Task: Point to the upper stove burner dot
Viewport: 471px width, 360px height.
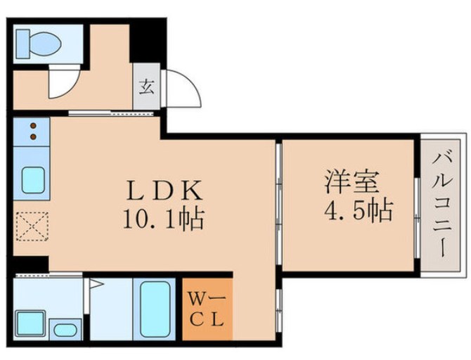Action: coord(32,127)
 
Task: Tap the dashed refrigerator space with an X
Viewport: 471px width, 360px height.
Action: coord(30,226)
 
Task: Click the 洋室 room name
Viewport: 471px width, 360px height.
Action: coord(350,181)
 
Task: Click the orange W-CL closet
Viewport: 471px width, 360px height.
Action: coord(207,309)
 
